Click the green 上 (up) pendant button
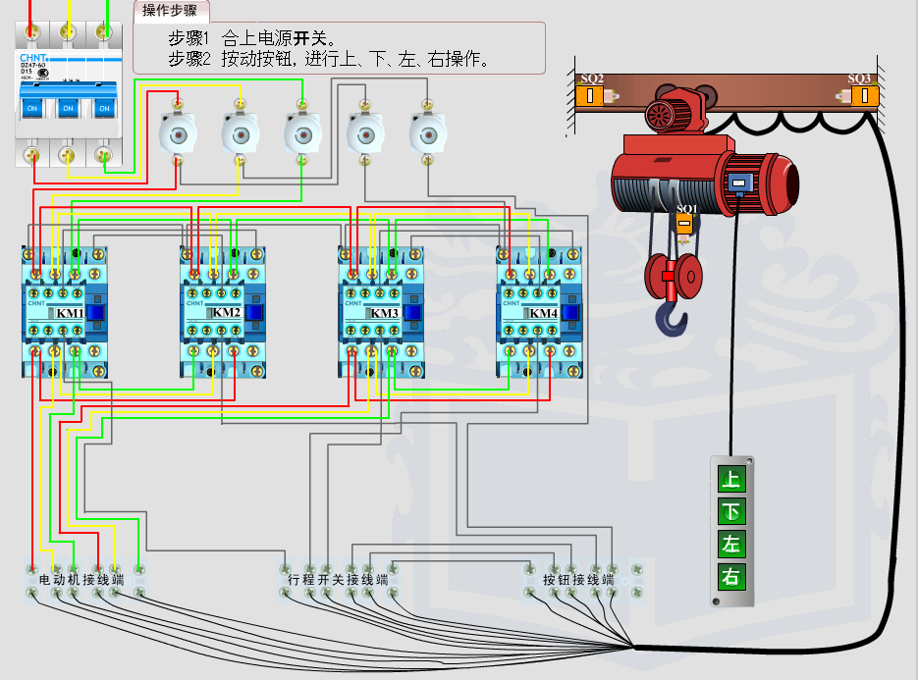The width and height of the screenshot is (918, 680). tap(730, 480)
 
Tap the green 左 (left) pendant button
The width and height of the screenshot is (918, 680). tap(730, 544)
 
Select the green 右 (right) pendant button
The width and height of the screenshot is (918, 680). tap(730, 576)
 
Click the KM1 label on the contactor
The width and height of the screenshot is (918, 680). tap(70, 313)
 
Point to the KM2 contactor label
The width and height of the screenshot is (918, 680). tap(227, 313)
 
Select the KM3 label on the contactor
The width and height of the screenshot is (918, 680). tap(386, 313)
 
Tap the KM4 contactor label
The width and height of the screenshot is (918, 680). tap(543, 313)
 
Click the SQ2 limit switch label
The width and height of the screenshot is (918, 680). tap(592, 78)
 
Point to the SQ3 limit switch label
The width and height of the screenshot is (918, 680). tap(859, 78)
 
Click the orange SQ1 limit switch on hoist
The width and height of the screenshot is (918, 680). tap(685, 222)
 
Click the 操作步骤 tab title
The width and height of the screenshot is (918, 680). tap(170, 11)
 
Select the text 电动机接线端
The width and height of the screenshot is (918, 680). tap(81, 580)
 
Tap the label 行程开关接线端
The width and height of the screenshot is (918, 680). tap(339, 580)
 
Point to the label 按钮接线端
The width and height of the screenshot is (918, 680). tap(578, 580)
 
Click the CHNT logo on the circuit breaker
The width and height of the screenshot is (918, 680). tap(34, 58)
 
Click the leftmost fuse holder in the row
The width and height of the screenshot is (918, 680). tap(178, 131)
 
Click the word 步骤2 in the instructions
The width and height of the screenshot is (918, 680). tap(189, 59)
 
